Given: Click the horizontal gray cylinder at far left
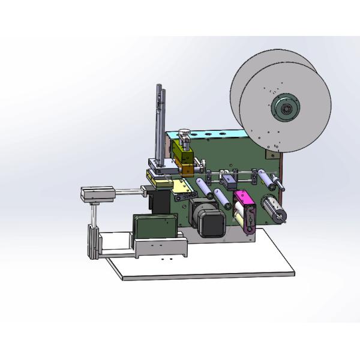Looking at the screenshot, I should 97,194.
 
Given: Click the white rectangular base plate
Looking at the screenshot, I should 228,258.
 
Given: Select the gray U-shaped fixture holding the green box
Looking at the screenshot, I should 159,246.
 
